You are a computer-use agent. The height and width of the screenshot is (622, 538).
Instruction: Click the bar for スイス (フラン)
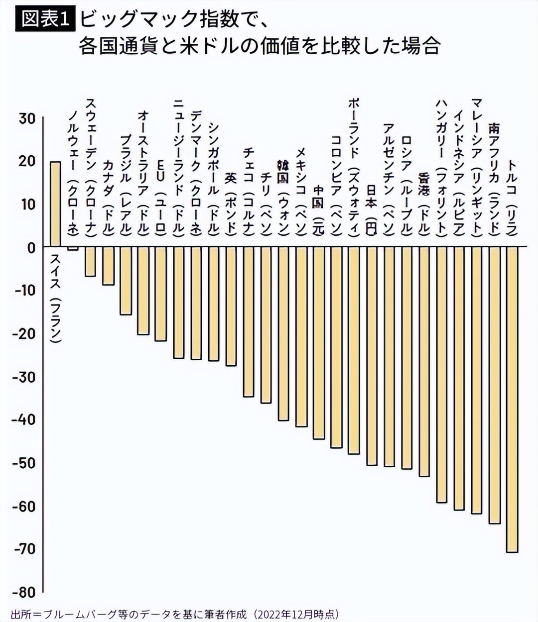pos(55,204)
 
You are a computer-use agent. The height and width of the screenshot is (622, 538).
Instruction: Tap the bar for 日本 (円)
pos(372,356)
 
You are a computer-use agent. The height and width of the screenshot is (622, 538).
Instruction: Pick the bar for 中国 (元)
pos(319,343)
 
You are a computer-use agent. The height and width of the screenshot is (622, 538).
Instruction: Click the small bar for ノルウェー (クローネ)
pos(73,248)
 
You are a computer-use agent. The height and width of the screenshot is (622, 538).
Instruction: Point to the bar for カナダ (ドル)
pos(108,266)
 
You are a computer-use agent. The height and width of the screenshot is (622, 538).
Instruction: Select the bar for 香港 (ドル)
pos(424,361)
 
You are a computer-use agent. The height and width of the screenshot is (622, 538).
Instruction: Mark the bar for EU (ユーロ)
pos(161,294)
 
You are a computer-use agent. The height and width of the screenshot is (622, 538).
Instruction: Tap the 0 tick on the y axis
pos(31,247)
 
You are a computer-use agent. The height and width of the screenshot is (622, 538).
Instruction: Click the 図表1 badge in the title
pos(44,19)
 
